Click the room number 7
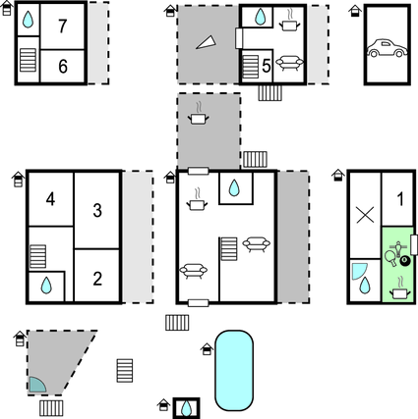tap(63, 26)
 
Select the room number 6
tap(63, 67)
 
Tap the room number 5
tap(267, 67)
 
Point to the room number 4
tap(50, 199)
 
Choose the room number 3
tap(97, 210)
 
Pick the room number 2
tap(97, 279)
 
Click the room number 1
tap(400, 199)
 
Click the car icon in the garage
tap(387, 48)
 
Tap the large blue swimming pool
tap(234, 370)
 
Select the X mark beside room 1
tap(365, 216)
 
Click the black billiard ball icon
tap(405, 261)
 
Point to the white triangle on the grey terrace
tap(206, 42)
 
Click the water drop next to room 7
tap(28, 20)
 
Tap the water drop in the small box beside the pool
tap(187, 408)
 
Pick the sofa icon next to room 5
tap(289, 63)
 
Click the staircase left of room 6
tap(28, 60)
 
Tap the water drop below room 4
tap(46, 286)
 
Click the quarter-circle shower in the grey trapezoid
tap(36, 385)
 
